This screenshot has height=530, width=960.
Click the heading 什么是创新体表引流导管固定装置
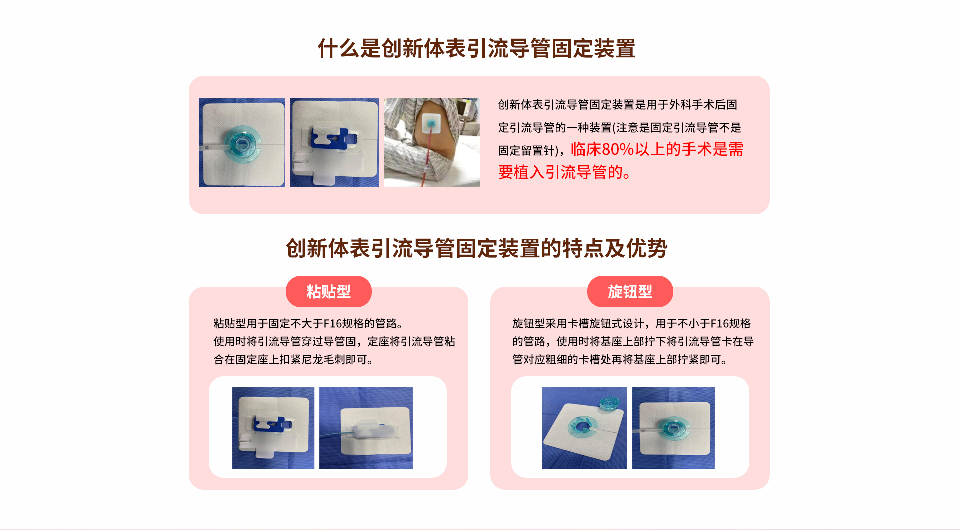(x=477, y=48)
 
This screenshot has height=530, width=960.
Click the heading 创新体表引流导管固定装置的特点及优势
(x=477, y=248)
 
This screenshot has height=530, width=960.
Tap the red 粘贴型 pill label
(x=329, y=291)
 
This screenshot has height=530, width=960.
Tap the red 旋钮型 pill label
(x=630, y=291)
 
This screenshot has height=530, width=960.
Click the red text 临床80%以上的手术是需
(x=657, y=149)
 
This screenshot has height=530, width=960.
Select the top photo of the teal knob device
(x=242, y=142)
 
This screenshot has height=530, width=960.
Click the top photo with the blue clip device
(x=335, y=142)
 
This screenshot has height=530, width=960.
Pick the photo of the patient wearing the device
(x=432, y=142)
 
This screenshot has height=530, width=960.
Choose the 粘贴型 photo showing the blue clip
(x=273, y=428)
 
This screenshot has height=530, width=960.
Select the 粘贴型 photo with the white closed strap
(x=366, y=428)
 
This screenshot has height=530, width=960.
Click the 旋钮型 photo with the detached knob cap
(x=584, y=428)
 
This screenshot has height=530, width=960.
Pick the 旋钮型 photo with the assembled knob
(x=673, y=428)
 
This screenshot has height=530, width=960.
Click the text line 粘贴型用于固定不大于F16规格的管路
(x=308, y=324)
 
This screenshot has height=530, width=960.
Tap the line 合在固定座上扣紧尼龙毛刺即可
(x=294, y=360)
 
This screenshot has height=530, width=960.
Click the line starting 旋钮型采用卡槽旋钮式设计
(x=631, y=324)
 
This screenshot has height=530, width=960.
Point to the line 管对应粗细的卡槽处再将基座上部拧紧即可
(x=620, y=360)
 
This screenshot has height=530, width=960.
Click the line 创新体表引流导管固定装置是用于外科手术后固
(x=618, y=105)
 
